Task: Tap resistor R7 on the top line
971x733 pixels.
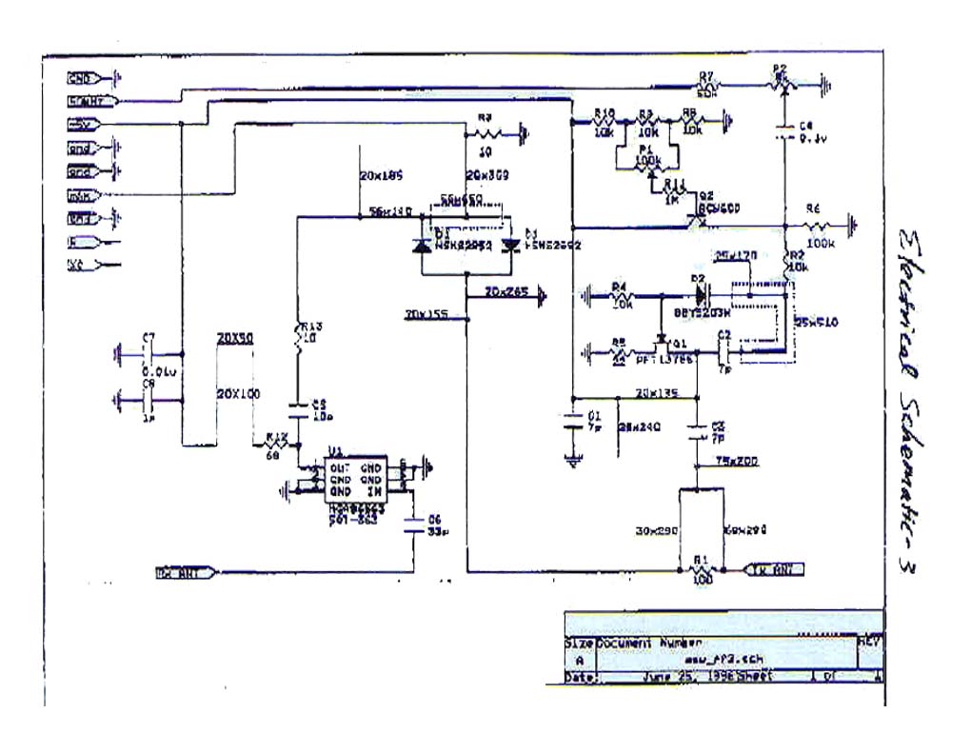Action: click(x=705, y=86)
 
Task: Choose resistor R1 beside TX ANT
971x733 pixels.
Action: click(x=701, y=571)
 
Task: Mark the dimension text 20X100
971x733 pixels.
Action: click(x=236, y=393)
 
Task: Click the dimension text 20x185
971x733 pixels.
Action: click(x=382, y=176)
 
